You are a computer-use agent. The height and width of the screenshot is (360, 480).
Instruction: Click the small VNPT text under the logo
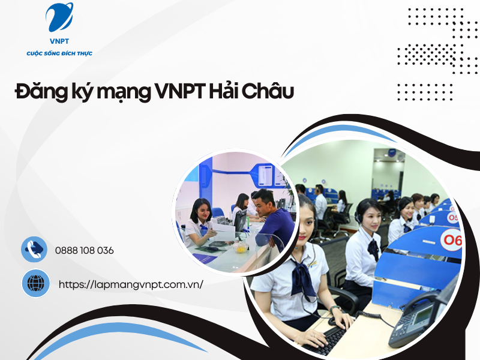pyautogui.click(x=59, y=42)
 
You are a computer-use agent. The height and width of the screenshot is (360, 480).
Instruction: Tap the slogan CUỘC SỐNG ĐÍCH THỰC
pyautogui.click(x=59, y=54)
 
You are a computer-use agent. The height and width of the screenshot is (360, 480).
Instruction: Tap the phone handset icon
pyautogui.click(x=34, y=250)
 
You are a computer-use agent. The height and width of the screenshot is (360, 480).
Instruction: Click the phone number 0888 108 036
pyautogui.click(x=84, y=250)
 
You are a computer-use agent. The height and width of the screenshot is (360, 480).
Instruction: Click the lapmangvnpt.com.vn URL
pyautogui.click(x=131, y=284)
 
